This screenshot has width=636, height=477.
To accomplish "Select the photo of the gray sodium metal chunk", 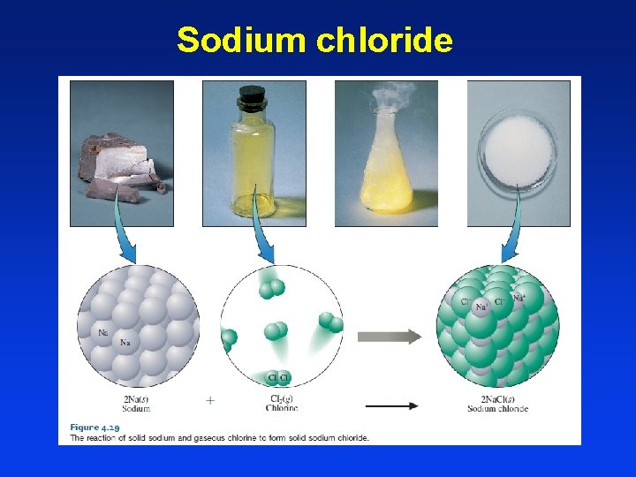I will tap(122, 154).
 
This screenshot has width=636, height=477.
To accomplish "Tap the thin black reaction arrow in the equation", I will tap(392, 406).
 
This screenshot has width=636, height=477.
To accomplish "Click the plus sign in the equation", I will tap(210, 400).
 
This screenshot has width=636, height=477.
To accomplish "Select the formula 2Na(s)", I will tap(136, 398).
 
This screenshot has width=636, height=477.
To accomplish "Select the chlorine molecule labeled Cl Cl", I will tap(279, 378).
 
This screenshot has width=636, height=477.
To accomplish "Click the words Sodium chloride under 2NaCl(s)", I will tap(497, 408).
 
